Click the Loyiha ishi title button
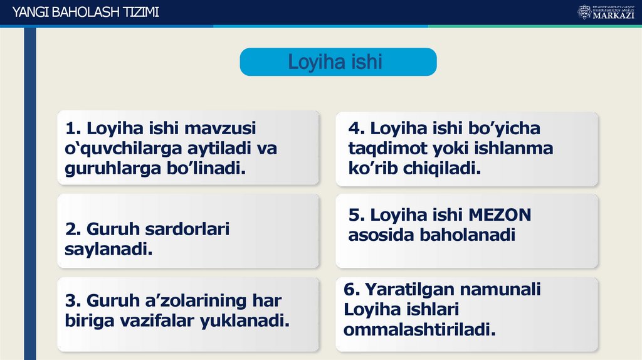point(337,62)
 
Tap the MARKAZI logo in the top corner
point(606,12)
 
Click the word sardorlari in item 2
point(187,230)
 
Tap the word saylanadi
point(108,250)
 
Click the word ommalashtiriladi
point(419,329)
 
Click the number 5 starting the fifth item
point(355,215)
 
